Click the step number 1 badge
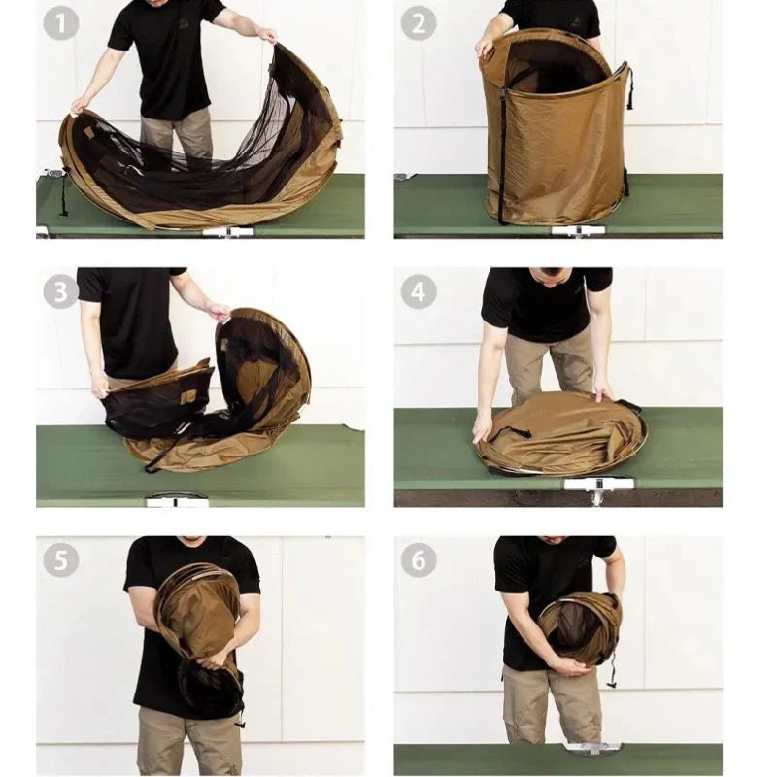tap(61, 23)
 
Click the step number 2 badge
tap(419, 23)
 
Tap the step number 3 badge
tap(61, 291)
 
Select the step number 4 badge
tap(419, 291)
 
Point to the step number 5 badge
tap(61, 560)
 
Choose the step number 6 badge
tap(419, 560)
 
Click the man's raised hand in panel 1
tap(268, 35)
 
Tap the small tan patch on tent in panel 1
tap(89, 133)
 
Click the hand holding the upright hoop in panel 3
tap(220, 311)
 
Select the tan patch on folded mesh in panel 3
tap(188, 396)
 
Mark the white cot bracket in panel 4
tap(598, 484)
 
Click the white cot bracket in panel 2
tap(578, 230)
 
